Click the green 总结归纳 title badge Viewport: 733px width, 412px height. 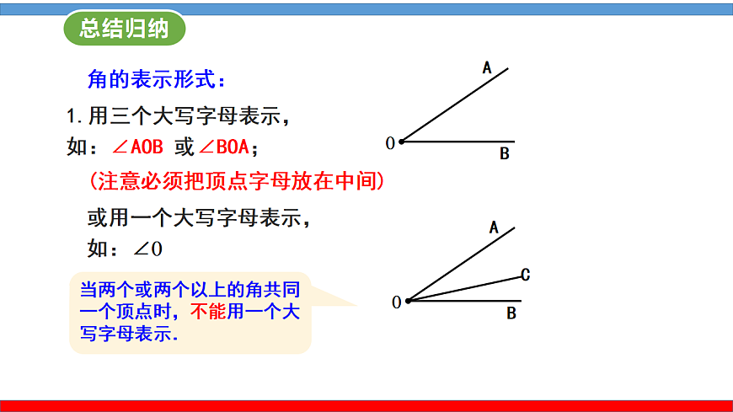coord(125,29)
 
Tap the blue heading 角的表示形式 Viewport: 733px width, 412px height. coord(156,80)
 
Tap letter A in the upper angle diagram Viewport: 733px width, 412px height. coord(487,67)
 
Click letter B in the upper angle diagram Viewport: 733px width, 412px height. coord(504,154)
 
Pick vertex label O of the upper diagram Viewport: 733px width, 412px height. coord(390,143)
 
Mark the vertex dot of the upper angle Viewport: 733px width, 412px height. coord(401,142)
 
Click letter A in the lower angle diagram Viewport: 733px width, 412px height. coord(494,227)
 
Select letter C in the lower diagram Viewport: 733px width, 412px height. coord(525,275)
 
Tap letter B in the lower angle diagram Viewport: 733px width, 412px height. coord(511,314)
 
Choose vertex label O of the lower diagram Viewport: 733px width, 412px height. coord(397,302)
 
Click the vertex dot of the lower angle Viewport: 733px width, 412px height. coord(408,301)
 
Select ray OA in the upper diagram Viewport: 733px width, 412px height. coord(455,105)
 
